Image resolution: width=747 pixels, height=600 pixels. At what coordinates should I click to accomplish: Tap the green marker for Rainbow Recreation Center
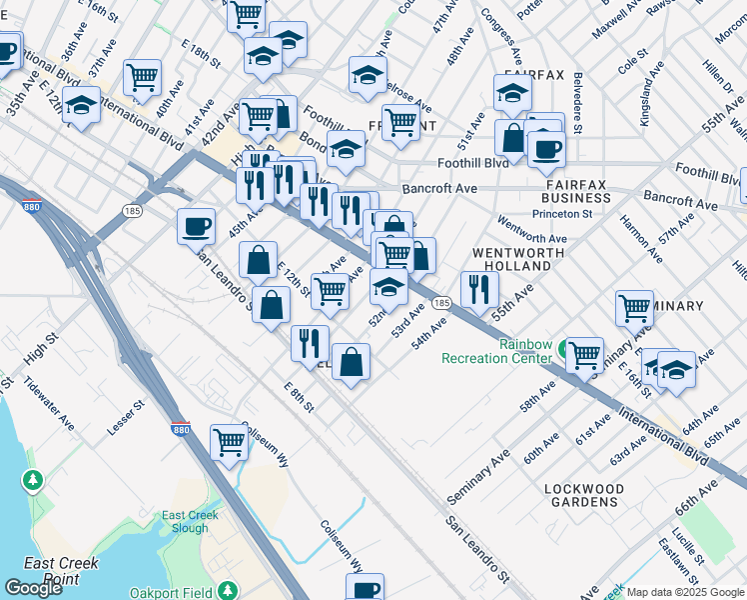[x=566, y=350]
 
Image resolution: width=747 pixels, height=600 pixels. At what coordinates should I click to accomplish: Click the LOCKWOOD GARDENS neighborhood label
[x=584, y=495]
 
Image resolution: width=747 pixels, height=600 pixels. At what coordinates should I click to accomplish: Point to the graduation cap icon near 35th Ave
[x=81, y=104]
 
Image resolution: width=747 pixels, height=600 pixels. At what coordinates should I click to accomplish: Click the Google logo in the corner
[x=33, y=588]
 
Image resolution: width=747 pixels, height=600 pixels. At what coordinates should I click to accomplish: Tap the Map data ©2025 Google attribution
[x=684, y=592]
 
